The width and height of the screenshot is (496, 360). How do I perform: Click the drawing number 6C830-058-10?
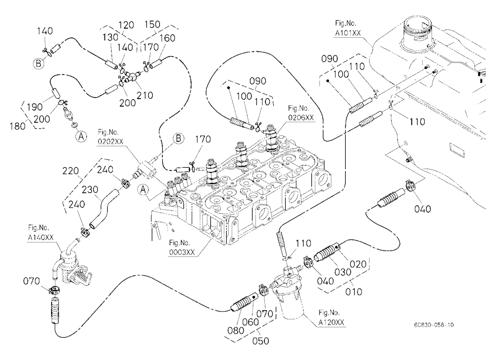point(434,325)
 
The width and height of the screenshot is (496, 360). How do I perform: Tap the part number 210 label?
point(145,95)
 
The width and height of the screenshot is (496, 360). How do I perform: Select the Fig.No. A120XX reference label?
point(331,318)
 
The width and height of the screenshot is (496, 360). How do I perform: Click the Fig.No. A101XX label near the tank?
point(348,28)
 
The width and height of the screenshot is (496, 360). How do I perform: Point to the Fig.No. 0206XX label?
point(301,113)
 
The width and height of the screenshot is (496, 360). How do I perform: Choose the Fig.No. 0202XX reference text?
point(111,137)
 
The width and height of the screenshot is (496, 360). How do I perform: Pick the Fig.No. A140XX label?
point(41,233)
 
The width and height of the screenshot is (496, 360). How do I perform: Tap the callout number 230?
point(90,189)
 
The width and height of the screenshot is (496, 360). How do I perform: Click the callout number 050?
point(261,341)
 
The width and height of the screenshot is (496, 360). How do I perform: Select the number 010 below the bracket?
point(353,292)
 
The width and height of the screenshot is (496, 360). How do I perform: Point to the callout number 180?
point(17,126)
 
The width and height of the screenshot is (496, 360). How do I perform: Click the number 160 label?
point(167,38)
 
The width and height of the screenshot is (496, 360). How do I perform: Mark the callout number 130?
point(110,37)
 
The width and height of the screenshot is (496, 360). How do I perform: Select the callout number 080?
point(236,330)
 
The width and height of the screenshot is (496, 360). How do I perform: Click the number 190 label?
point(35,107)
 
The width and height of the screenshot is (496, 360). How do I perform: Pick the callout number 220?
point(70,171)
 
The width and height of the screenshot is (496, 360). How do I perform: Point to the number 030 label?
point(343,272)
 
